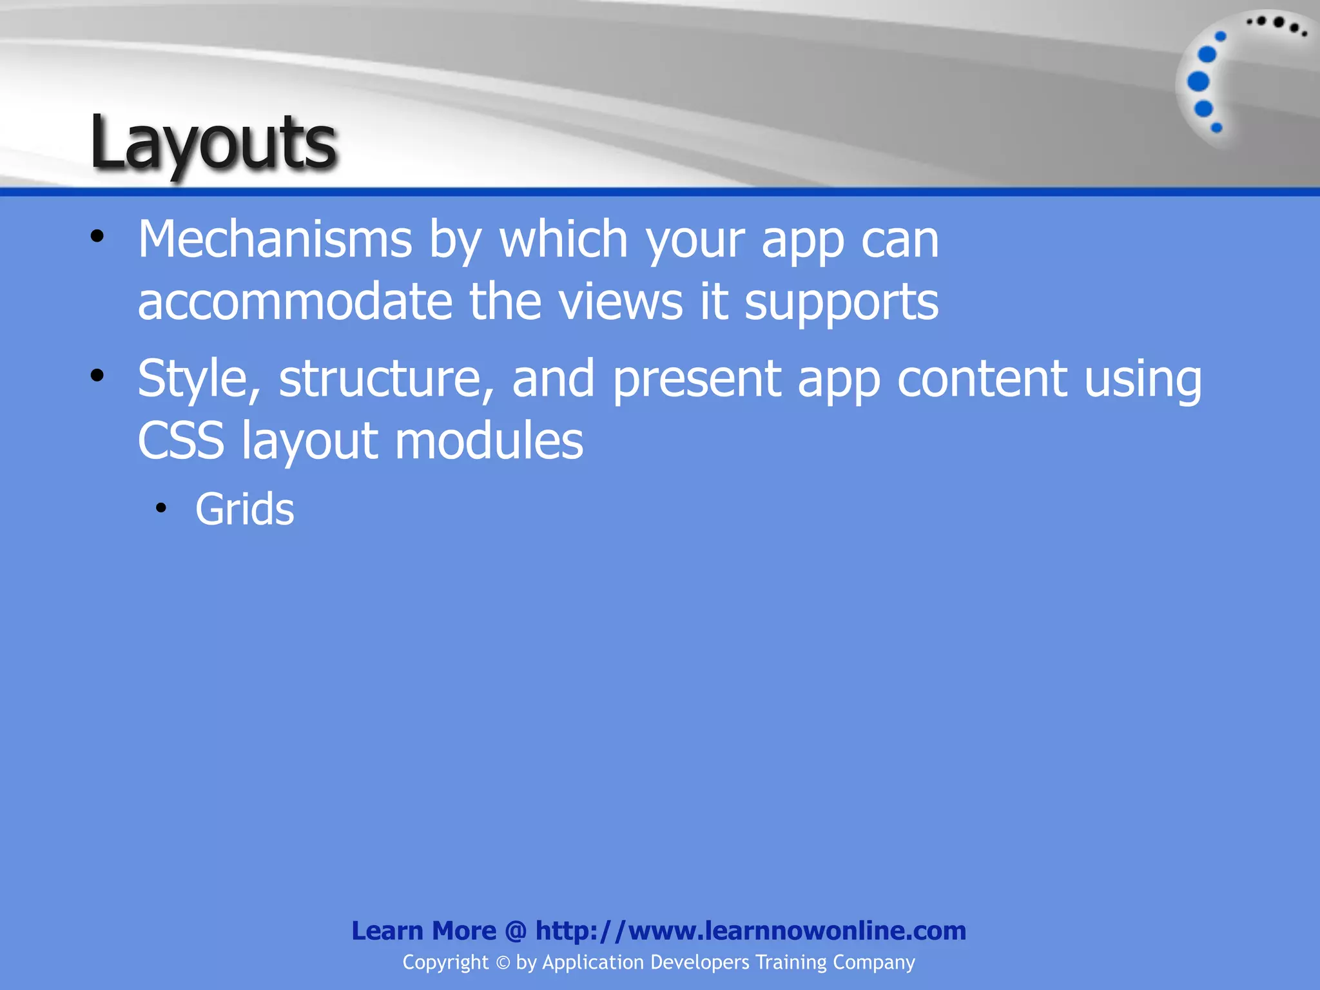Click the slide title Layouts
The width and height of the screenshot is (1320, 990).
click(213, 143)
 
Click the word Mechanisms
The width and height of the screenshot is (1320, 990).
click(275, 240)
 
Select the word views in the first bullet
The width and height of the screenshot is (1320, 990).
click(620, 302)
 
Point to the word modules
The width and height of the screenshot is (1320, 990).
click(489, 442)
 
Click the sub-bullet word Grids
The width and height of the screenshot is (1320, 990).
click(244, 510)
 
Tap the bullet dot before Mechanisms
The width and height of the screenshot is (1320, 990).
click(97, 237)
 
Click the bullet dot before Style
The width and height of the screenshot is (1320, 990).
click(97, 376)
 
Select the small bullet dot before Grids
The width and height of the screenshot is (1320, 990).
click(161, 509)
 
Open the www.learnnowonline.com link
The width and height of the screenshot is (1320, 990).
click(750, 931)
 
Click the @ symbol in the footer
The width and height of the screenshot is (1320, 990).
click(516, 931)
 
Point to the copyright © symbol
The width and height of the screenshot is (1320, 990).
click(502, 963)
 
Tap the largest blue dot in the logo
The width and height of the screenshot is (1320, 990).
click(1198, 82)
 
